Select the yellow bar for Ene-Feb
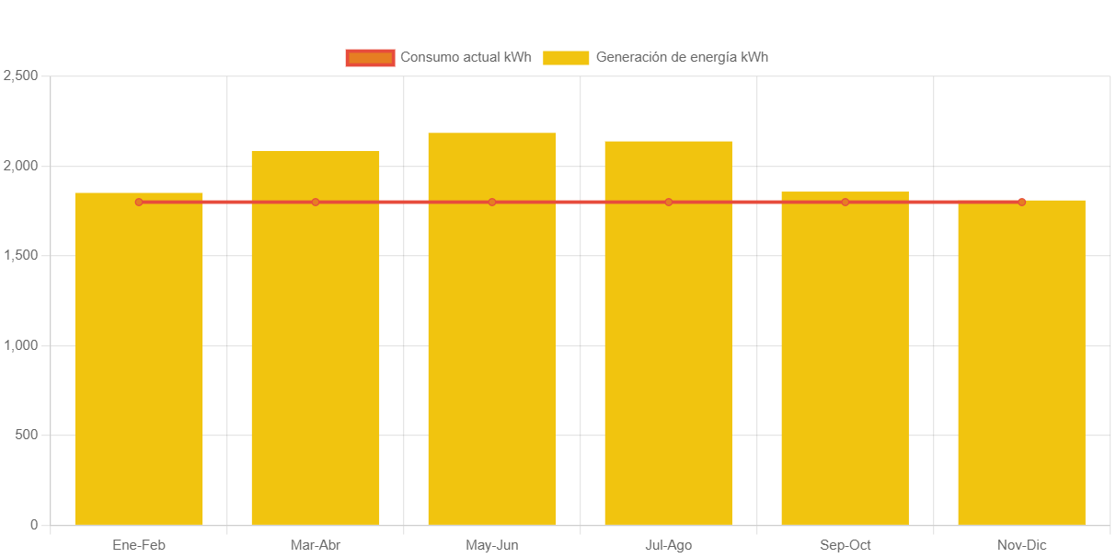tap(139, 368)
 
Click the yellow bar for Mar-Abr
tap(316, 350)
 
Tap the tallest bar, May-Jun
tap(492, 341)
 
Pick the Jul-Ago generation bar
tap(669, 345)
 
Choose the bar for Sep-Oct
tap(846, 368)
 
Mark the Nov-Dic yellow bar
tap(1022, 368)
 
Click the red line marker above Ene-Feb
tap(139, 202)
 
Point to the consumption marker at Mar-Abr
tap(316, 202)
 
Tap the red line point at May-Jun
tap(492, 202)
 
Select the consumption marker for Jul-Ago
tap(669, 202)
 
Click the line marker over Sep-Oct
tap(846, 202)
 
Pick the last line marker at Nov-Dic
tap(1022, 202)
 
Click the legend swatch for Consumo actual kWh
tap(370, 57)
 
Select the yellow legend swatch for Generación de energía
tap(566, 57)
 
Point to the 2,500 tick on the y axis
tap(20, 76)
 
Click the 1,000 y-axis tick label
tap(20, 345)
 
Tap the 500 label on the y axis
tap(26, 435)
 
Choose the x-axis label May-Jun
tap(492, 545)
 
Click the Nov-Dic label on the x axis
tap(1022, 545)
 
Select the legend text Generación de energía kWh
tap(682, 57)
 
